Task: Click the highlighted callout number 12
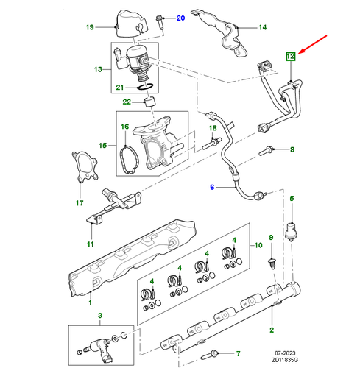(290, 54)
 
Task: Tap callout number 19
(89, 28)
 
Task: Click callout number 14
(262, 29)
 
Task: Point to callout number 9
(270, 236)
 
